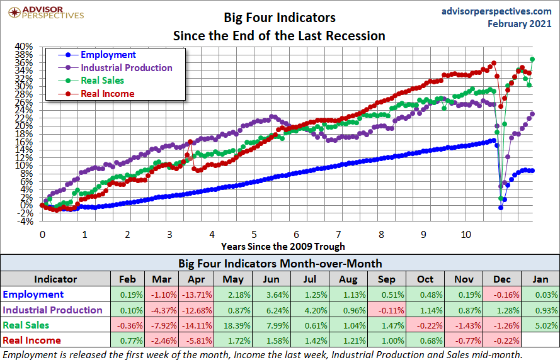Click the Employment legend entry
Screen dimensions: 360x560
tap(108, 55)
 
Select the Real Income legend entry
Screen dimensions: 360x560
tap(107, 94)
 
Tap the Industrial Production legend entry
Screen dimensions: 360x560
tap(126, 67)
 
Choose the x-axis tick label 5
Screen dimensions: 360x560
tap(254, 235)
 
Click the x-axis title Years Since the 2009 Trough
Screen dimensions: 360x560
tap(283, 246)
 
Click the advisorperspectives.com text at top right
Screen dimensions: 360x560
tap(487, 11)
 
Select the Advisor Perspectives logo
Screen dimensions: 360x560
tap(43, 12)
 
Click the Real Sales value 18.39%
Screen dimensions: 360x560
tap(231, 325)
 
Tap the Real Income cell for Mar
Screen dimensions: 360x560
tap(162, 340)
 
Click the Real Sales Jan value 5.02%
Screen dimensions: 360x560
tap(540, 325)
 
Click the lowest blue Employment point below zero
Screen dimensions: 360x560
tap(501, 208)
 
